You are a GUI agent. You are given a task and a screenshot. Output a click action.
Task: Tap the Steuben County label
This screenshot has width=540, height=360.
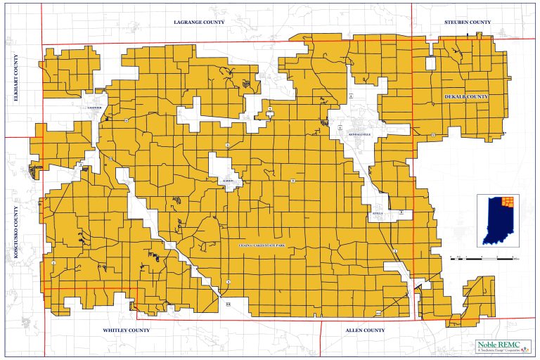pyautogui.click(x=468, y=22)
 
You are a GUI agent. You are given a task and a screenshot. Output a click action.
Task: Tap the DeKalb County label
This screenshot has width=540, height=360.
pyautogui.click(x=466, y=96)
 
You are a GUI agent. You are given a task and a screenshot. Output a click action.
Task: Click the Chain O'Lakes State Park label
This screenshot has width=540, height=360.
pyautogui.click(x=261, y=245)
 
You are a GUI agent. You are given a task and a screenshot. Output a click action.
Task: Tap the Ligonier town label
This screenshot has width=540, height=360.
pyautogui.click(x=95, y=108)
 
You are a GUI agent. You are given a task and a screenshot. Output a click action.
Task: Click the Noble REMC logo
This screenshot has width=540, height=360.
pyautogui.click(x=496, y=346)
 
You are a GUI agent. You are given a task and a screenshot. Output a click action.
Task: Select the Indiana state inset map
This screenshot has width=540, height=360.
pyautogui.click(x=498, y=221)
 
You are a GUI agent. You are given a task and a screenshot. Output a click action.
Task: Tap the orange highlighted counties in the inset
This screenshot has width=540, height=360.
pyautogui.click(x=509, y=203)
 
